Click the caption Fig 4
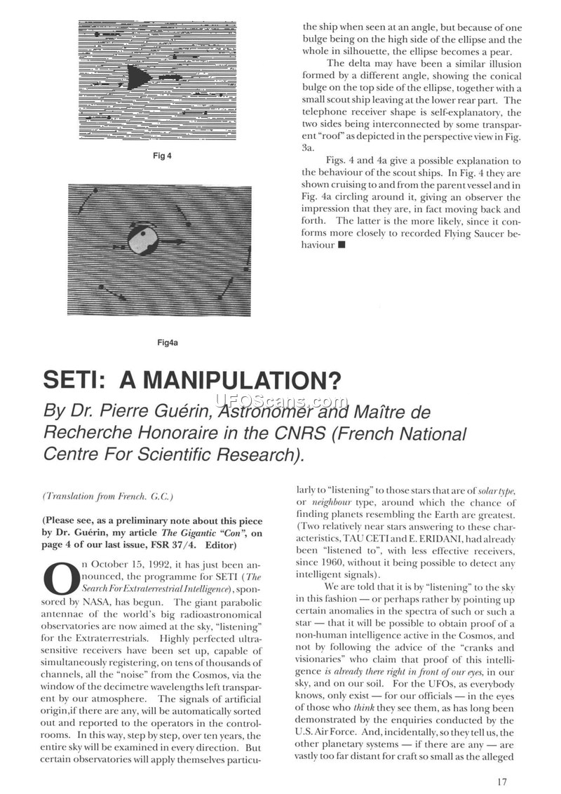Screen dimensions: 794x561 click(x=163, y=156)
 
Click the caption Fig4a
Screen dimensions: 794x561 click(x=168, y=342)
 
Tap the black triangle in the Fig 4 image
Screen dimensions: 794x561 click(x=140, y=75)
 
